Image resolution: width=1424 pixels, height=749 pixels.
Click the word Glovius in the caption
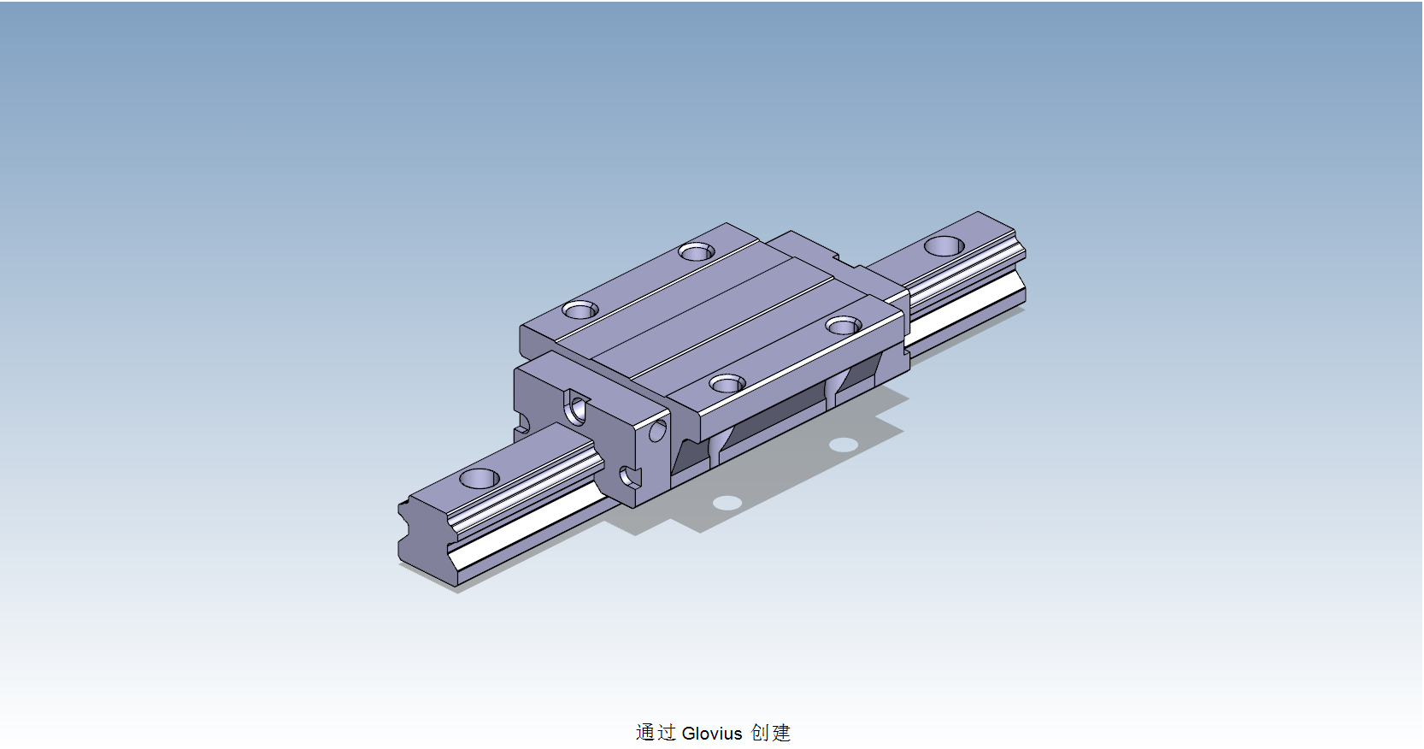(711, 734)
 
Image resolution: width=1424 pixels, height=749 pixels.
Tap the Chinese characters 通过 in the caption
(656, 733)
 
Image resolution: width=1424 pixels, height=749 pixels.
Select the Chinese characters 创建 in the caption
(771, 733)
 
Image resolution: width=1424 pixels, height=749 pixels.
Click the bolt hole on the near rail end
(479, 478)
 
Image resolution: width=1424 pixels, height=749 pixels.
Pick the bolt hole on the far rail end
(944, 246)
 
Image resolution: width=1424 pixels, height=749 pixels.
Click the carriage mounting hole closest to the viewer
(727, 384)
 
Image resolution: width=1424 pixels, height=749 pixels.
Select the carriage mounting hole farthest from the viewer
(696, 251)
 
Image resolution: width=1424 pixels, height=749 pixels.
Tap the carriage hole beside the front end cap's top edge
(580, 310)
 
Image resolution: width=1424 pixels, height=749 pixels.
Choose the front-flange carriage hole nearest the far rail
(844, 326)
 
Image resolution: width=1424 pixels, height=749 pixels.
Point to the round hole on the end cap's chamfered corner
(657, 430)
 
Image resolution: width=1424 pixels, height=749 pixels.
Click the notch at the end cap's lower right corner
(631, 476)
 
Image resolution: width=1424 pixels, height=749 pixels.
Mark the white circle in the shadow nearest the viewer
(727, 502)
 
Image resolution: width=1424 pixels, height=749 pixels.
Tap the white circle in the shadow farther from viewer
(843, 444)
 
